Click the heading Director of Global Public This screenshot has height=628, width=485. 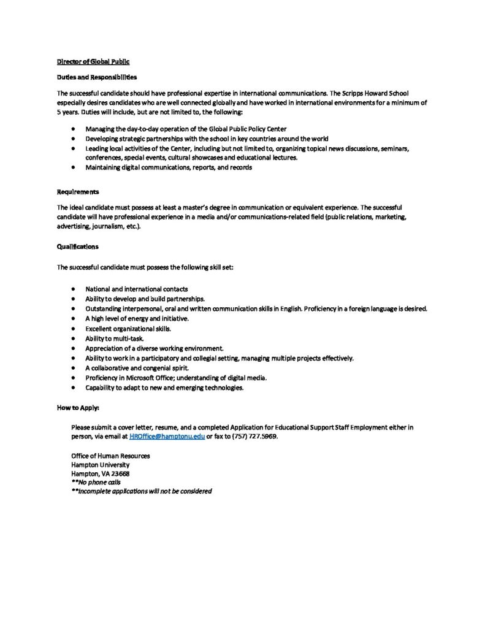click(93, 62)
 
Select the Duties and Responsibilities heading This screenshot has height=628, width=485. click(97, 77)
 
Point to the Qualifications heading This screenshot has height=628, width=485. click(77, 247)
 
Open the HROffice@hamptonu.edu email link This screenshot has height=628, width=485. click(167, 435)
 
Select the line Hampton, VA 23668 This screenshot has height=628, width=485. click(101, 473)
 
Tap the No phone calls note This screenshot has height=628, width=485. click(96, 482)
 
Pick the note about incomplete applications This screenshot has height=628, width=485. click(142, 491)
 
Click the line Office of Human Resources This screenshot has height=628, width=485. click(110, 456)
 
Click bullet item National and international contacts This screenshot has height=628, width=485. click(137, 288)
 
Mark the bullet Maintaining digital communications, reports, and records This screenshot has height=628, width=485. click(169, 167)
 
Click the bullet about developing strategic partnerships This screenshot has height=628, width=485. click(207, 139)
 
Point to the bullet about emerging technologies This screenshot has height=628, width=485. click(164, 388)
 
